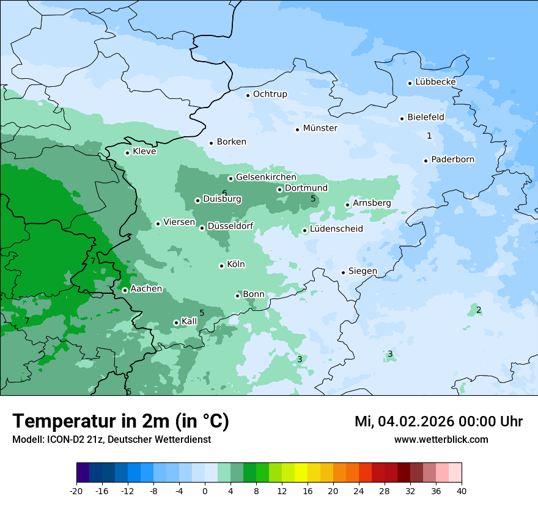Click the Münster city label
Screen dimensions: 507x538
click(320, 128)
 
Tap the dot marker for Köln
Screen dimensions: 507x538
click(221, 266)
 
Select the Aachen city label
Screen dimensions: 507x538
click(146, 289)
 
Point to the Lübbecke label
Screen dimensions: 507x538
click(435, 82)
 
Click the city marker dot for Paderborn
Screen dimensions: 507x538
click(426, 161)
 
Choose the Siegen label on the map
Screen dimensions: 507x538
click(363, 271)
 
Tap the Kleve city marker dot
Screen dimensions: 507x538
click(127, 153)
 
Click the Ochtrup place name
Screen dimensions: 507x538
click(270, 94)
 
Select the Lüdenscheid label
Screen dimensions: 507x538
click(336, 229)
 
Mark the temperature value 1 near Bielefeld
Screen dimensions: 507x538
click(429, 136)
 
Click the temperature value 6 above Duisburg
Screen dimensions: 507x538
click(224, 193)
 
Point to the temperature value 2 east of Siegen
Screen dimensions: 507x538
click(479, 310)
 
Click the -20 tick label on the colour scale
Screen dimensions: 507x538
click(76, 491)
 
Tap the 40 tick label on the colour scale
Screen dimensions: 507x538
click(462, 491)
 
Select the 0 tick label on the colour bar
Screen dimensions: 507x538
click(205, 491)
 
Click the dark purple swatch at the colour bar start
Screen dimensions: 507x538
click(83, 473)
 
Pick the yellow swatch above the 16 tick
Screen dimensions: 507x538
click(301, 473)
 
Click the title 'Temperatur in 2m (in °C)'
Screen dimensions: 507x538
click(120, 421)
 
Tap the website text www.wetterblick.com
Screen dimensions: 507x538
click(441, 439)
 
